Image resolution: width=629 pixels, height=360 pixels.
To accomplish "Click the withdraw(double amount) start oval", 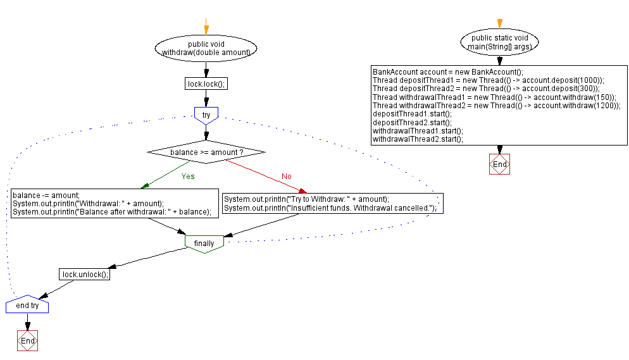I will [206, 48].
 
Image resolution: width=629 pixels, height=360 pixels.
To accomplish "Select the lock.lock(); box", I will [206, 84].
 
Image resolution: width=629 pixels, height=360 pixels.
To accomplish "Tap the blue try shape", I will [206, 115].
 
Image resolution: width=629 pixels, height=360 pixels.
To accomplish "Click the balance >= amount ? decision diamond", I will [206, 152].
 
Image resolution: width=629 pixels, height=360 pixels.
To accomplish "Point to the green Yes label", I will [188, 177].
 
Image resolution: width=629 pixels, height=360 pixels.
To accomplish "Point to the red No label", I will [287, 177].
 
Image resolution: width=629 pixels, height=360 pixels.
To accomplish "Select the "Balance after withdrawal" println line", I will [111, 212].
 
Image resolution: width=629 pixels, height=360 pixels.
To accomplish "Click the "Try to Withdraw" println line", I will [306, 199].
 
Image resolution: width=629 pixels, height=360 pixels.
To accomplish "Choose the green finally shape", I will [204, 244].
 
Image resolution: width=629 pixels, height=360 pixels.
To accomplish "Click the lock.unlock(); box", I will [85, 275].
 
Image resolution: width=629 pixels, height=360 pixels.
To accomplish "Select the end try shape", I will [27, 306].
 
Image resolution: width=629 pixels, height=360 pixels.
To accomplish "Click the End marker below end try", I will [27, 340].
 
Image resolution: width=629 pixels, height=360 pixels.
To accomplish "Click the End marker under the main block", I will [499, 164].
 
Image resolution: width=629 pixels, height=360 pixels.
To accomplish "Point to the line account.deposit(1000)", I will [489, 80].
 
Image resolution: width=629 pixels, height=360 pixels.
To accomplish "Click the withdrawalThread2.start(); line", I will [418, 139].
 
